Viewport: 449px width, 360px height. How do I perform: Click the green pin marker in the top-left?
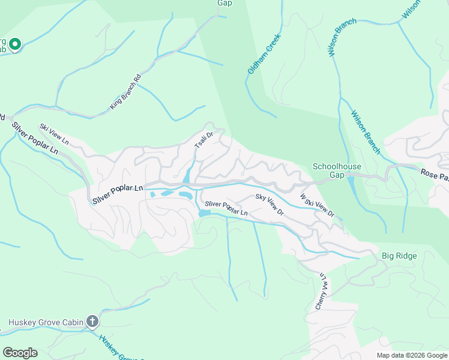(x=14, y=44)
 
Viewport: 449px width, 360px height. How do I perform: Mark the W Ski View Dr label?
(x=316, y=204)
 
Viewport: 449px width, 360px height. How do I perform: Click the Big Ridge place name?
(x=399, y=256)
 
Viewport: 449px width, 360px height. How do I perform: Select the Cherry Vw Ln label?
(x=321, y=292)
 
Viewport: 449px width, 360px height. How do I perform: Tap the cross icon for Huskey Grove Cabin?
(x=92, y=322)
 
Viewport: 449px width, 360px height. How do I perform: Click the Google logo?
(x=20, y=353)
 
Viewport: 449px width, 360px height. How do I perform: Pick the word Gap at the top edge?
(x=224, y=3)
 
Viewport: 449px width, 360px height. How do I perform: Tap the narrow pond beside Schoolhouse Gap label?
(x=351, y=187)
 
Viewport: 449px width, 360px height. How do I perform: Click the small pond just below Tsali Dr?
(x=187, y=176)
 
